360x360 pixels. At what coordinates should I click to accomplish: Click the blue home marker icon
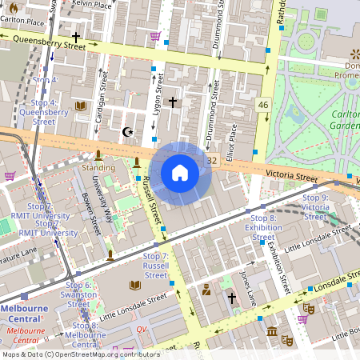click(x=180, y=173)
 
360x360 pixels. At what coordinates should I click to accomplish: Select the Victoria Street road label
click(x=293, y=174)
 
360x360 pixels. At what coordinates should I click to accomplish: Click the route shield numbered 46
click(x=263, y=105)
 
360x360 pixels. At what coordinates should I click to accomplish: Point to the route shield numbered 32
click(x=212, y=161)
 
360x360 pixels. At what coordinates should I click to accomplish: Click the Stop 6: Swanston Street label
click(x=78, y=294)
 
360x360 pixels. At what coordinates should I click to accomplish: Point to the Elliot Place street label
click(x=233, y=140)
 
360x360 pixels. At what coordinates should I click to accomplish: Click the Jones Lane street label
click(x=247, y=285)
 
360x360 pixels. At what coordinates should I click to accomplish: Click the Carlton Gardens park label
click(x=346, y=119)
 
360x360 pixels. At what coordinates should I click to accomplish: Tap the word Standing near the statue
click(x=98, y=168)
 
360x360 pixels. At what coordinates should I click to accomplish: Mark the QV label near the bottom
click(x=142, y=329)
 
